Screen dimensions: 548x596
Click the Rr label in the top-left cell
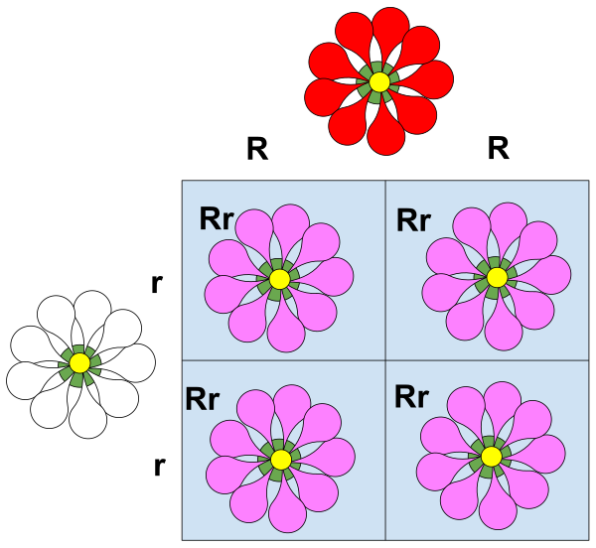point(216,219)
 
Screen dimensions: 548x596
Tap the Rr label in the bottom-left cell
point(202,399)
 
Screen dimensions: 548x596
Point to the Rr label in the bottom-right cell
point(411,397)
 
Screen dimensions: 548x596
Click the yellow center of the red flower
point(378,81)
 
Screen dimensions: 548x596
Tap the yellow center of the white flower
point(80,364)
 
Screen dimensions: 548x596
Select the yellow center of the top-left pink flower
point(279,279)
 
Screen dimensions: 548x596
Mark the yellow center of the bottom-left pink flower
point(281,460)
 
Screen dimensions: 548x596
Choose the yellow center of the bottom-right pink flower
point(492,456)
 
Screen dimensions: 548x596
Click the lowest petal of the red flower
point(385,134)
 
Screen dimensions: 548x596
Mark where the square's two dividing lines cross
point(384,360)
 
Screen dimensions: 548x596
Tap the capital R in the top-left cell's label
point(209,219)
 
